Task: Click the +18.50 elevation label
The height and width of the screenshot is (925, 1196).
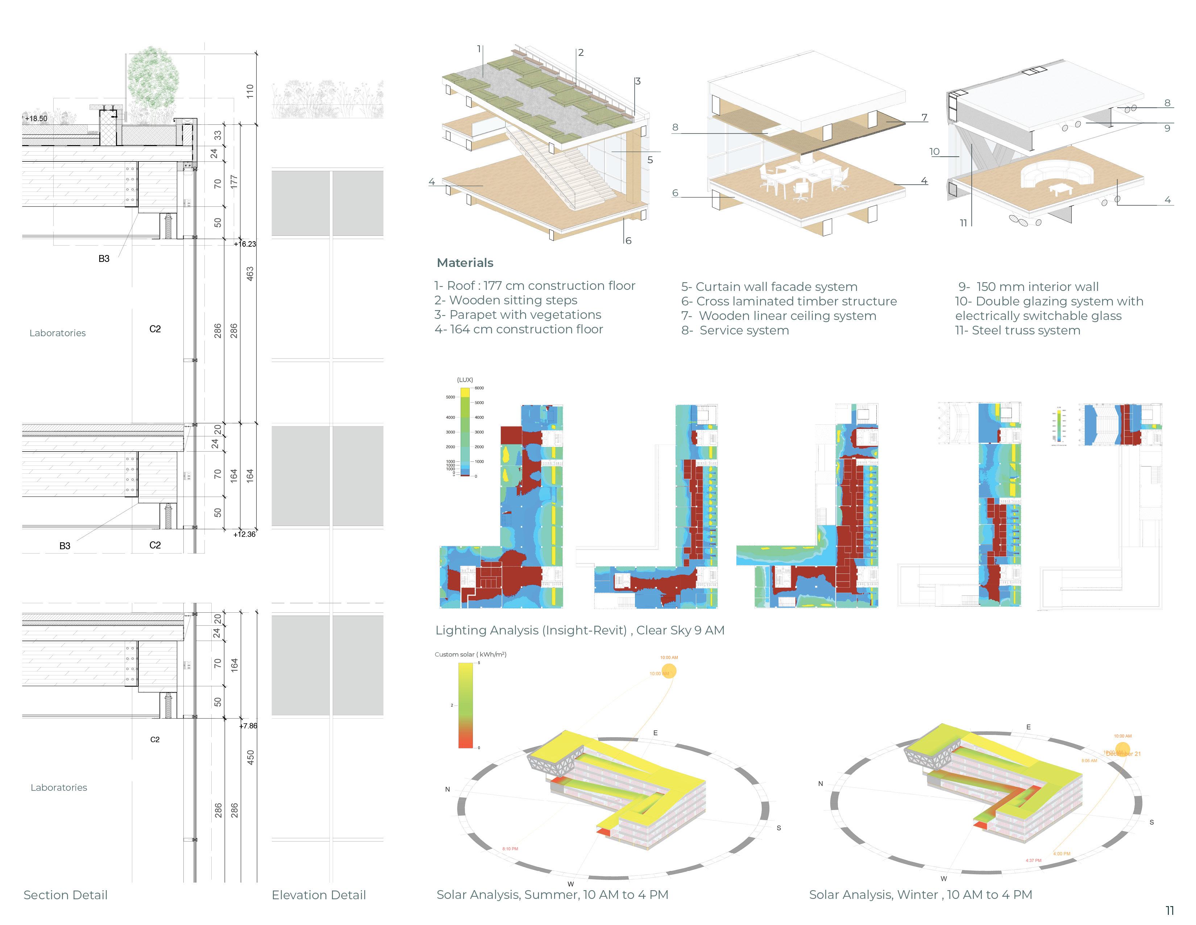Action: (x=36, y=118)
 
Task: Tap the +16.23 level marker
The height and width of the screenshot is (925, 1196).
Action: (x=245, y=244)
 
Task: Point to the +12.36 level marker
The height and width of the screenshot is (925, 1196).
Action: (x=245, y=534)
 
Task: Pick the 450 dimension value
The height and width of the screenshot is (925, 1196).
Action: (x=250, y=757)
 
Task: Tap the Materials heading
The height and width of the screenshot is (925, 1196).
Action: (x=465, y=263)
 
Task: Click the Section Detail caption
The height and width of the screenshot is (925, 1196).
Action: (x=66, y=895)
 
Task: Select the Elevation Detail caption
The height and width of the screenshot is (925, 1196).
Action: (x=319, y=895)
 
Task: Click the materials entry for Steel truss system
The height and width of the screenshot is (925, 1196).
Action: (x=1017, y=330)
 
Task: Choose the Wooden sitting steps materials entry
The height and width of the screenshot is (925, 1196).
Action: (x=506, y=300)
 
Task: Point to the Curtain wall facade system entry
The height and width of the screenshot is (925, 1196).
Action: (x=769, y=287)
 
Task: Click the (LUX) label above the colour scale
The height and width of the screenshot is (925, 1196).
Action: (x=465, y=380)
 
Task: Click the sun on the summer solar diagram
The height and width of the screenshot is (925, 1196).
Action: (x=669, y=671)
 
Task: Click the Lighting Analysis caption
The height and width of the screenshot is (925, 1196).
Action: (x=580, y=630)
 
